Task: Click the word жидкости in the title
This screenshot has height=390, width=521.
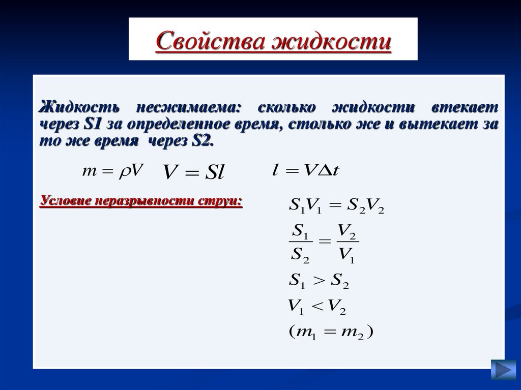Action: (331, 41)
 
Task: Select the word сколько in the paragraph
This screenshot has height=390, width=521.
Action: (287, 107)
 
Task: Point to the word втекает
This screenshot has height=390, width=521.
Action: (465, 107)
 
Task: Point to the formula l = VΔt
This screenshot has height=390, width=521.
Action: (305, 171)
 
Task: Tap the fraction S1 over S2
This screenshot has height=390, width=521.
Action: (300, 244)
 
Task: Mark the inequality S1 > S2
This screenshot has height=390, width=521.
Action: (319, 280)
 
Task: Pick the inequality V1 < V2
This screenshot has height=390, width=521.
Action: (316, 306)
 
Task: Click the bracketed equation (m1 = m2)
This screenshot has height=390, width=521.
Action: (331, 333)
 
